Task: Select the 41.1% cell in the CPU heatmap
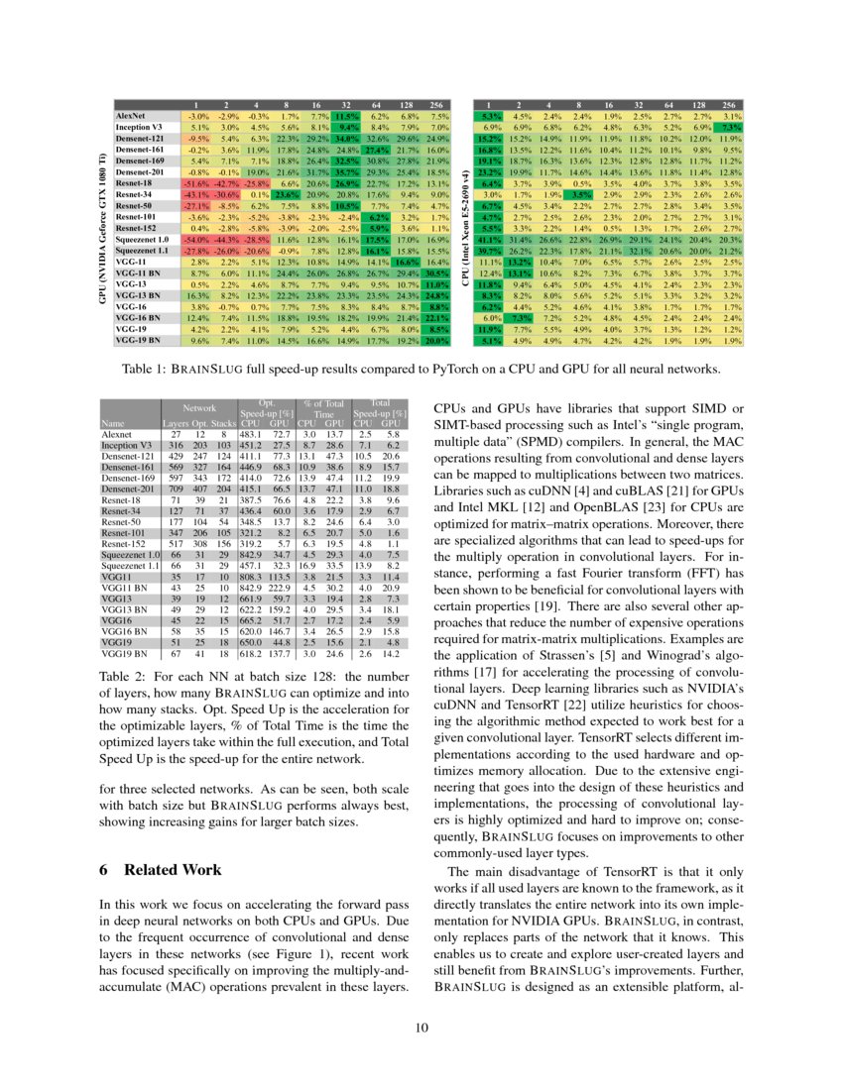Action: (489, 240)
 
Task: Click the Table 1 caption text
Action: (421, 370)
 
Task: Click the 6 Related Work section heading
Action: (162, 870)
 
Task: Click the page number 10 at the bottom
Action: (421, 1028)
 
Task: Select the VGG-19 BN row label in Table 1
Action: (136, 340)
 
